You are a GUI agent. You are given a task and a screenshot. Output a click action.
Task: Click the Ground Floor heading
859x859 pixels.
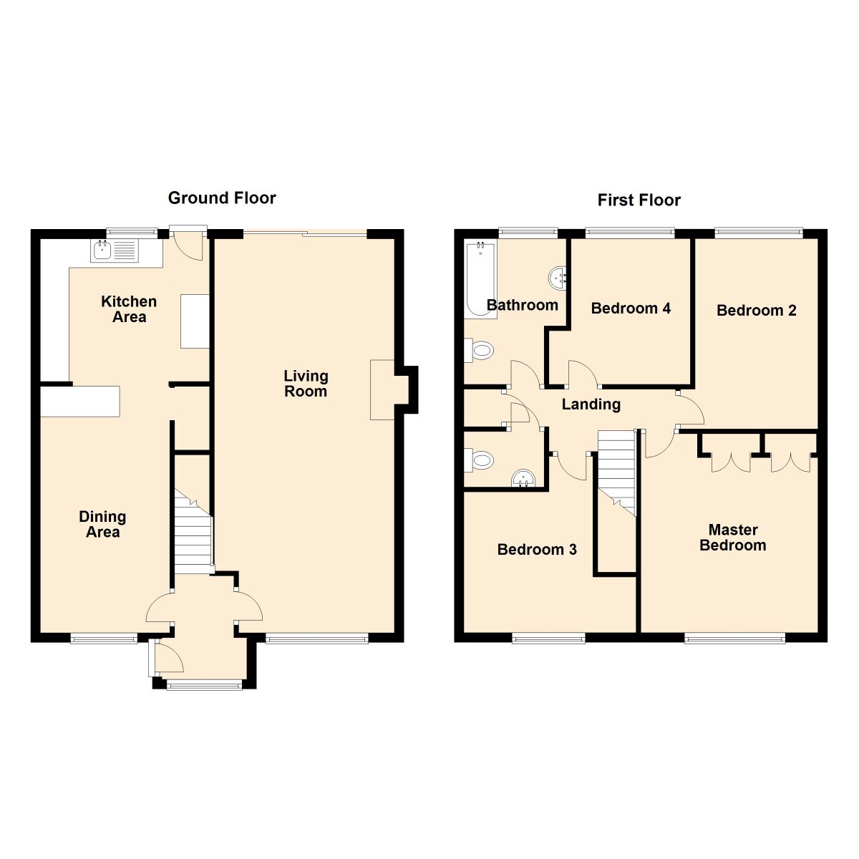pos(222,198)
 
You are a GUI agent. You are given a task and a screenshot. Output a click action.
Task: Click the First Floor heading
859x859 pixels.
pos(639,200)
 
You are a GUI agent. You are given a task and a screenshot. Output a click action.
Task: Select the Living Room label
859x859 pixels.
pos(306,384)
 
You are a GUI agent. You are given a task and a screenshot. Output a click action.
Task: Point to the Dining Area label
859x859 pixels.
pos(102,524)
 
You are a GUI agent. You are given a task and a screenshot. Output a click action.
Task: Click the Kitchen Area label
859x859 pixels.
pos(129,309)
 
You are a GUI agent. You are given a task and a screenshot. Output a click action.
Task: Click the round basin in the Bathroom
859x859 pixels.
pos(558,276)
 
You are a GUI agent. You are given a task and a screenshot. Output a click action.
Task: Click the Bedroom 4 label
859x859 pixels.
pos(631,309)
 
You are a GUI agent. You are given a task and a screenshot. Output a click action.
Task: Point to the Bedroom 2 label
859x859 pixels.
pos(756,311)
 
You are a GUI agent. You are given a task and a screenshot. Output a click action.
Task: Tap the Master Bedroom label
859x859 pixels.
pos(732,538)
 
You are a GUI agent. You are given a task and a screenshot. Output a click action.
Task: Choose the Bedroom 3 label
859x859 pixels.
pos(537,550)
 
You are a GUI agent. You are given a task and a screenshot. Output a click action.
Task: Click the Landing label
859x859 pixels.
pos(591,404)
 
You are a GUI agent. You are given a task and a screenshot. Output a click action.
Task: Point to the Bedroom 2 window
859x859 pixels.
pos(759,232)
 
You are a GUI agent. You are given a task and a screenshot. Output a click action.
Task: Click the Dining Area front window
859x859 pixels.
pos(104,638)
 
